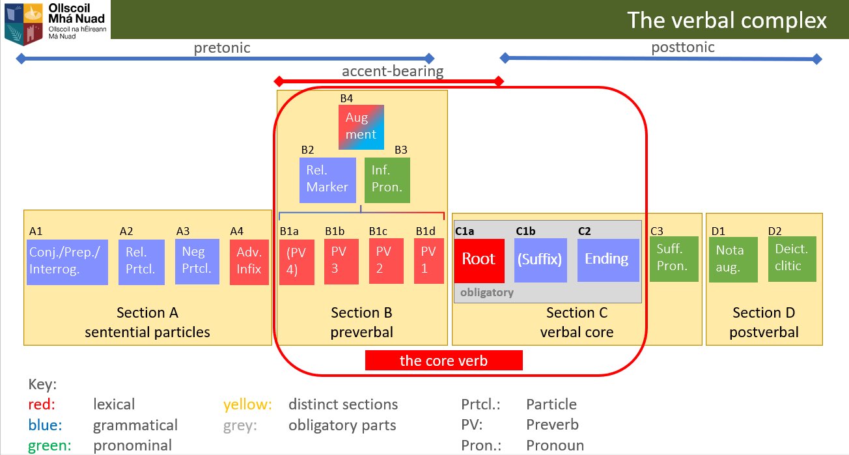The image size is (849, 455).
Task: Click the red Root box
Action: pos(479,260)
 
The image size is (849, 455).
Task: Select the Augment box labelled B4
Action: pos(361,127)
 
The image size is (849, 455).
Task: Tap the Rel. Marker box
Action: pos(327,180)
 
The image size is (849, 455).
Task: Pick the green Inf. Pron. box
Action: pos(387,180)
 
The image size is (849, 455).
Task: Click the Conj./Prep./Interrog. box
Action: pos(67,262)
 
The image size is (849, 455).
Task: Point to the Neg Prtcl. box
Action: pos(197,262)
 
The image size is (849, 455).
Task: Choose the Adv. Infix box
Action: pos(249,262)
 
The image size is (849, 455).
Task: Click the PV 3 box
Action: pos(341,262)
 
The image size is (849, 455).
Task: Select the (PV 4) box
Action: pos(296,262)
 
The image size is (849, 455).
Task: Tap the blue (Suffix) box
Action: pos(540,260)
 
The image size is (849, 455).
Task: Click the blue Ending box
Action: pos(608,260)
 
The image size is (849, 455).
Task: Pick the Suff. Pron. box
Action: pos(674,259)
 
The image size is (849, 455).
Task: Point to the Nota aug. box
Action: pos(733,260)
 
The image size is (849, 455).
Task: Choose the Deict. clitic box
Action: pos(792,259)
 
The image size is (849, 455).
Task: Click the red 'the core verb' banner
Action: pos(444,360)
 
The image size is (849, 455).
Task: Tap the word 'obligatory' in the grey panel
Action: pos(486,292)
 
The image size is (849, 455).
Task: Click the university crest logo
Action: pos(23,23)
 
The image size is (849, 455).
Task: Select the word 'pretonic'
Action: pos(222,48)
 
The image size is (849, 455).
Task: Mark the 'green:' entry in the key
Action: pos(49,445)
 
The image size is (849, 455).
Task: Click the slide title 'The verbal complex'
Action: pos(727,20)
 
